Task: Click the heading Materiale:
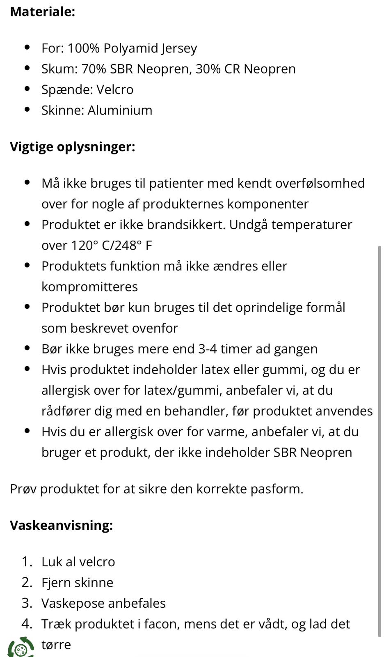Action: (42, 11)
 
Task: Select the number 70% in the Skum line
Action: (94, 69)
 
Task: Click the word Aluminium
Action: (120, 110)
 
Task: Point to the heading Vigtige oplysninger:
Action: (72, 147)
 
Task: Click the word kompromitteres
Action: (89, 287)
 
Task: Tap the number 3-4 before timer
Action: (207, 349)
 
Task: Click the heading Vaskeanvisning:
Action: (61, 526)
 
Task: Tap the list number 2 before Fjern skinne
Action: (27, 583)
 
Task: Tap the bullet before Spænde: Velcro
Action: (27, 89)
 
